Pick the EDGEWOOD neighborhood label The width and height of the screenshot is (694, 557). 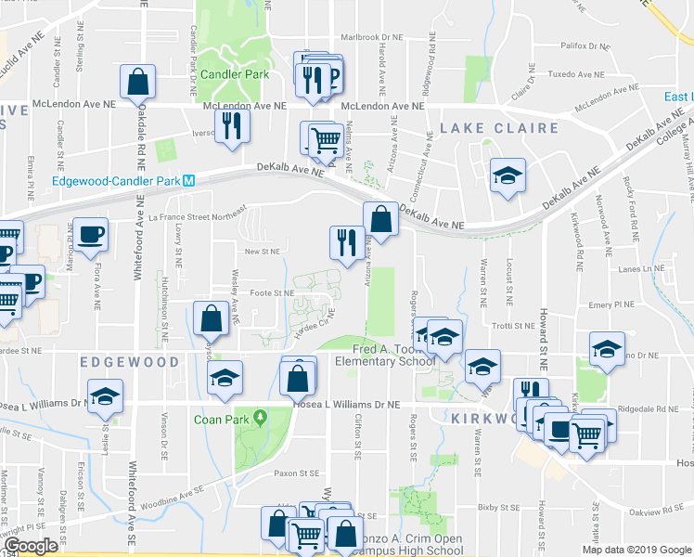tap(129, 360)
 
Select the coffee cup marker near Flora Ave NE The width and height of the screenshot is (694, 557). tap(91, 235)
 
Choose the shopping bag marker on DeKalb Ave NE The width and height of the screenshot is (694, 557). tap(380, 219)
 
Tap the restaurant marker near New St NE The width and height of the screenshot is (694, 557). tap(347, 243)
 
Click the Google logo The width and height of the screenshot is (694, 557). tap(30, 546)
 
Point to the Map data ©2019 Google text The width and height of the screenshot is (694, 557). tap(636, 549)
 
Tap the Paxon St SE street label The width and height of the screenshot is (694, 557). tap(295, 473)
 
